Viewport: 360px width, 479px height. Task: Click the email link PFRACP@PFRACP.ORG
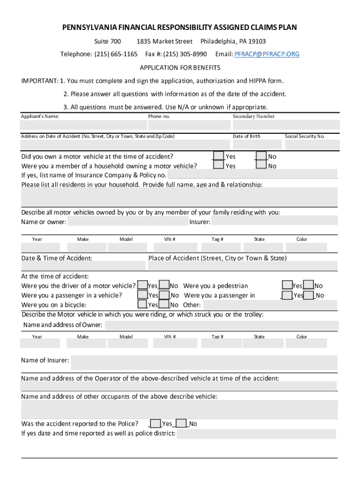267,54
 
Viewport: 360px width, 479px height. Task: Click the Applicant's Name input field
83,125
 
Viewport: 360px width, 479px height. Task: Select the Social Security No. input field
311,145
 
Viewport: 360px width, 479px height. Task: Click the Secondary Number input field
286,125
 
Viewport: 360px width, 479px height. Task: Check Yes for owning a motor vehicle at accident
218,156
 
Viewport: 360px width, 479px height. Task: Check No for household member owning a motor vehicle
261,166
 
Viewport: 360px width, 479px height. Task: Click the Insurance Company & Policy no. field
252,174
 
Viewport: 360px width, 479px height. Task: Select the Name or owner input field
127,221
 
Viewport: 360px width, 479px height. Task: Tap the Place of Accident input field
242,266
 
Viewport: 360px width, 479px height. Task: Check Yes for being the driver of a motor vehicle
143,285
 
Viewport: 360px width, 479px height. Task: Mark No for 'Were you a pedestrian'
309,285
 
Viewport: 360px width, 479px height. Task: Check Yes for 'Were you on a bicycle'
143,305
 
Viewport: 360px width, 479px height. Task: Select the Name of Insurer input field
204,363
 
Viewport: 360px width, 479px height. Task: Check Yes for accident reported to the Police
156,423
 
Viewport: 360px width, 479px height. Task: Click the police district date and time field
256,434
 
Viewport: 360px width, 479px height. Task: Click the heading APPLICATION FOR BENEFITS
180,67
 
